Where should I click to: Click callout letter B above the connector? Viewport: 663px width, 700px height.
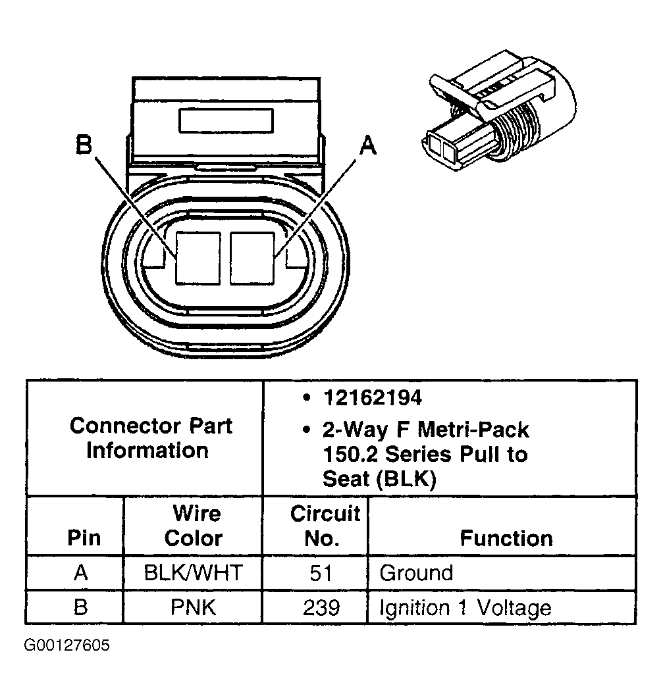coord(84,144)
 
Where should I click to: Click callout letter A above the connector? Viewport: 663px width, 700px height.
coord(367,144)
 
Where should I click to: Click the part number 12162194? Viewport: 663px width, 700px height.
coord(372,398)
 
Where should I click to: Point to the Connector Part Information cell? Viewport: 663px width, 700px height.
coord(151,438)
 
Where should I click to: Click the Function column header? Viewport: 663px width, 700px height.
coord(506,538)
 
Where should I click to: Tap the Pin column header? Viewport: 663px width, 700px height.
coord(84,538)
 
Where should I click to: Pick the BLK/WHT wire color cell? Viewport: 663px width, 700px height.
coord(193,572)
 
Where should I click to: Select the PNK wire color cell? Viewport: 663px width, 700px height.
coord(193,607)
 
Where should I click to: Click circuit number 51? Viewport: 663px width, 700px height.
coord(321,572)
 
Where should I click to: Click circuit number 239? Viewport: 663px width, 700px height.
coord(321,607)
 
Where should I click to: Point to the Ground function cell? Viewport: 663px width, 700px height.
coord(416,572)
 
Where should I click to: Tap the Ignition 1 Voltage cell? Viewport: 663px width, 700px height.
coord(465,607)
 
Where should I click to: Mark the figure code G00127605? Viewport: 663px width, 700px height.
coord(67,645)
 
